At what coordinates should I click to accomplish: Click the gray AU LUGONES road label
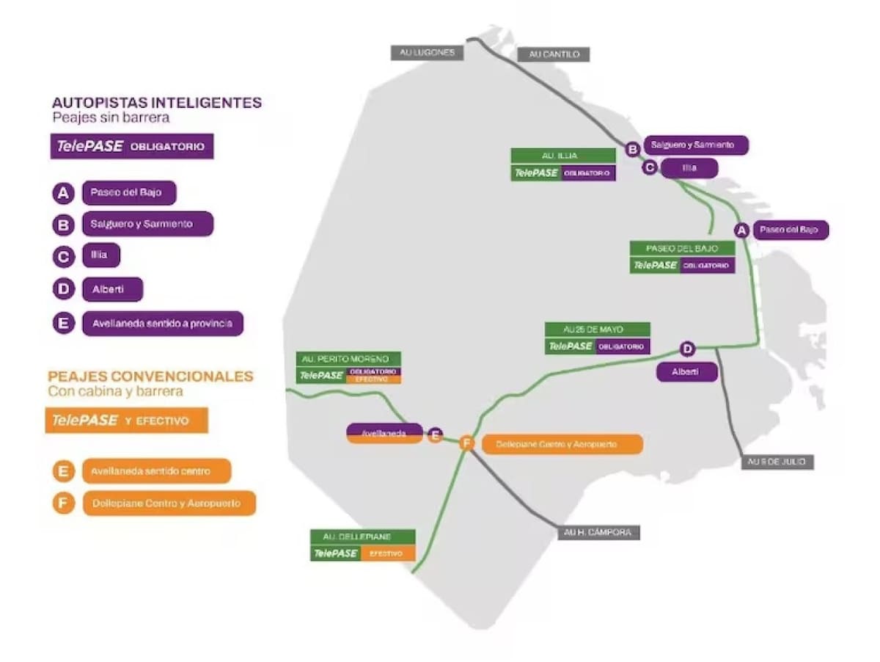coord(427,52)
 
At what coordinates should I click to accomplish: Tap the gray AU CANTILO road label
coord(553,54)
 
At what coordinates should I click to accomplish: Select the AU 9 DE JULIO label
coord(777,462)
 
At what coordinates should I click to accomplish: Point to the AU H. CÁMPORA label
coord(598,533)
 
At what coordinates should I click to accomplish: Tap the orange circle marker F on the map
coord(467,443)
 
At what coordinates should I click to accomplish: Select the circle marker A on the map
coord(741,230)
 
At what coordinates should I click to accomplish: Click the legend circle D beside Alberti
coord(64,289)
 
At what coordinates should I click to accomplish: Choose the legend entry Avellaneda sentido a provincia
coord(162,323)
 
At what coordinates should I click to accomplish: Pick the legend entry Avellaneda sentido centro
coord(156,470)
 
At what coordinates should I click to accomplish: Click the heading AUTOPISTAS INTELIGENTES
coord(157,103)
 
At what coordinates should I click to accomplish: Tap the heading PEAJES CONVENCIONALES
coord(150,377)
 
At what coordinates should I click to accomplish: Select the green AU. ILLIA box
coord(563,156)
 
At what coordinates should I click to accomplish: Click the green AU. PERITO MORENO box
coord(348,359)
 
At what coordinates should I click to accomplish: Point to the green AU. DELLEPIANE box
coord(362,536)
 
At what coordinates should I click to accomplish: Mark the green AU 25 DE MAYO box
coord(597,330)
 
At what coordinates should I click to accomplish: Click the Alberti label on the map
coord(686,372)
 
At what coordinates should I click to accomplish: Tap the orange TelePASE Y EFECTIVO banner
coord(127,421)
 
